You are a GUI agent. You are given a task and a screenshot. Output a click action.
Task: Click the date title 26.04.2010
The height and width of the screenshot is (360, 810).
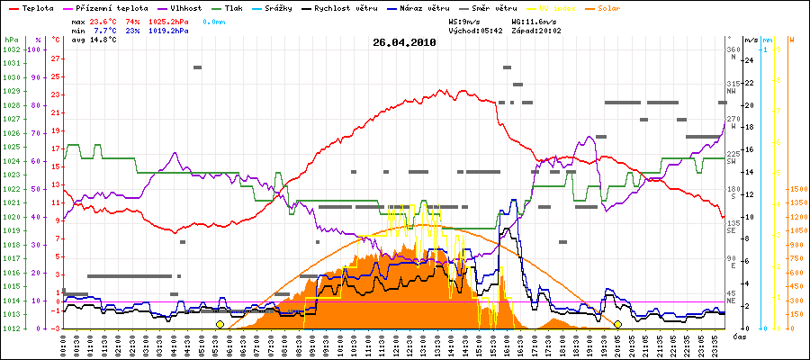[404, 41]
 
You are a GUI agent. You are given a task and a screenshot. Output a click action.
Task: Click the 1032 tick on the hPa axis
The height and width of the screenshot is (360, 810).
[11, 49]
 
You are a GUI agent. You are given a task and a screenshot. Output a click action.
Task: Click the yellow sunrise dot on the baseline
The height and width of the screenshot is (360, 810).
[220, 324]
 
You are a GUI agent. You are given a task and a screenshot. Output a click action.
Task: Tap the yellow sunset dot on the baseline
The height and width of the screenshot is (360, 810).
[617, 324]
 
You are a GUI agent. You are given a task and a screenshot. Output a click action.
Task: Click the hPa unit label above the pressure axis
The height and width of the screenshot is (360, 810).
[11, 40]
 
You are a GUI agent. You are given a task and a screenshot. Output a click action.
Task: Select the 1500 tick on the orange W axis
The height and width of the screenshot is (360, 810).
[796, 189]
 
